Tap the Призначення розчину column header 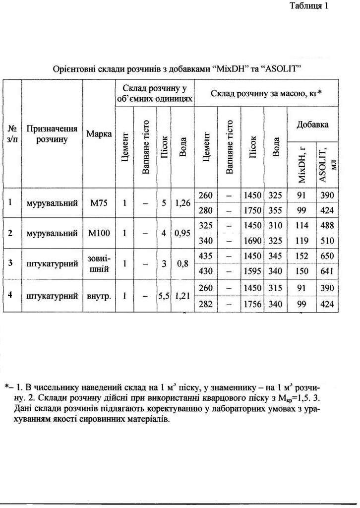[x=52, y=134]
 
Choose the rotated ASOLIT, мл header [x=327, y=161]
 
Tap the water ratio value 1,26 [x=183, y=203]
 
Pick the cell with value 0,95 [x=183, y=233]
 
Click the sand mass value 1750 [x=252, y=211]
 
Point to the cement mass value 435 [x=205, y=256]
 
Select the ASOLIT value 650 [x=327, y=256]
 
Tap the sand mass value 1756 [x=252, y=305]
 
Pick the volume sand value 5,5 [x=164, y=297]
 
